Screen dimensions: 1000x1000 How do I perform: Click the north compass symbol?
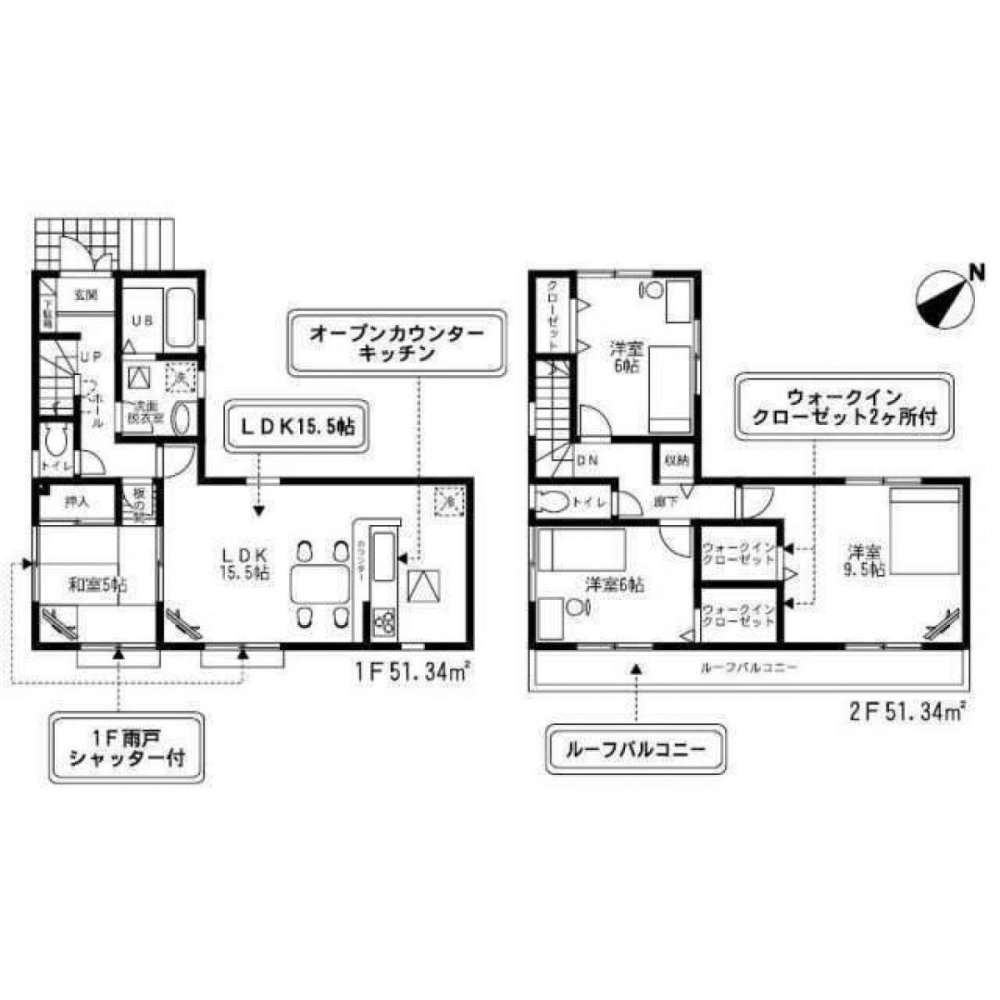(x=945, y=297)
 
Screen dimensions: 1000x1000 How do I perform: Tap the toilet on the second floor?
(x=552, y=501)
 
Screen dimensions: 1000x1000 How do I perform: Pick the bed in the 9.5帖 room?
(x=926, y=530)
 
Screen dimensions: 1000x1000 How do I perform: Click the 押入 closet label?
(x=76, y=502)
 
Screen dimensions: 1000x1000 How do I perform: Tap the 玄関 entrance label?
(x=84, y=295)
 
